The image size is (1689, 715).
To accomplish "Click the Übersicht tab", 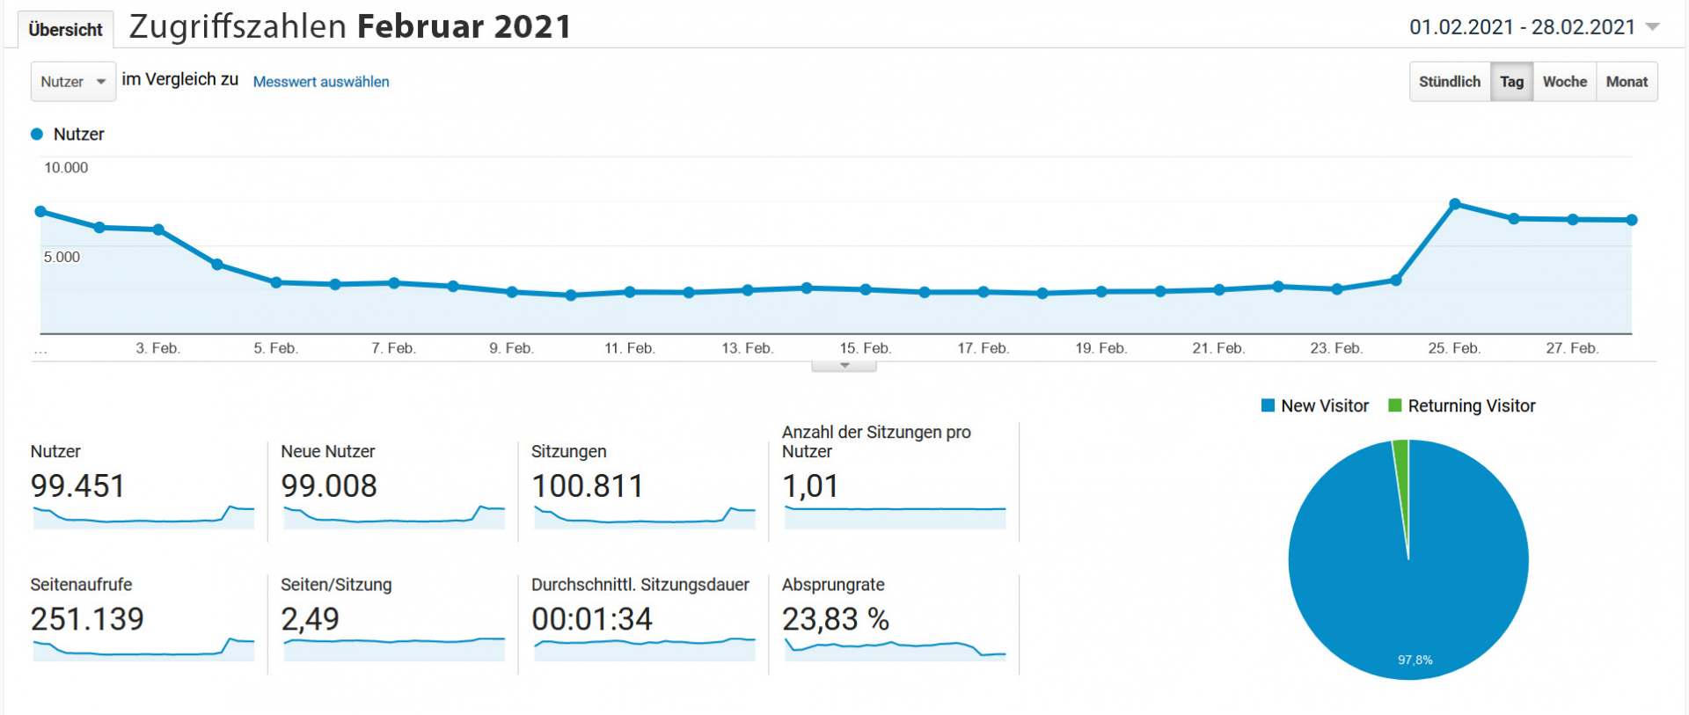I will [65, 30].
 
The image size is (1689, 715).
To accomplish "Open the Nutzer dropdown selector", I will [73, 82].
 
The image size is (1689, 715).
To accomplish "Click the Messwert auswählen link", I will [321, 82].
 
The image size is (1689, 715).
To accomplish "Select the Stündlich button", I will [1449, 82].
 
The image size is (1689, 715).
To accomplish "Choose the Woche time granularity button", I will [1564, 82].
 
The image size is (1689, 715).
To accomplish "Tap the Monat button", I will [1627, 82].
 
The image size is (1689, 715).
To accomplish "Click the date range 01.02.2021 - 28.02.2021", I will [1522, 27].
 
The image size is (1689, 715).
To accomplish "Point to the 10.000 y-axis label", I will [66, 168].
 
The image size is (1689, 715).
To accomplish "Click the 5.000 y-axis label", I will [62, 257].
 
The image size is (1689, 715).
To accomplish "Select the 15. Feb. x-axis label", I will [865, 348].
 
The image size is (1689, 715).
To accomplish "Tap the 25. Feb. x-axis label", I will [1453, 348].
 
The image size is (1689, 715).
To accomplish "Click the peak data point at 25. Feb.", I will [1455, 204].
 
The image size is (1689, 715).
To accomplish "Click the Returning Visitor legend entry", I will [1462, 406].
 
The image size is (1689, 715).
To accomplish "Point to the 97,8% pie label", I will [1415, 660].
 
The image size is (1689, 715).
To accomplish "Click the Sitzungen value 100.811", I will [588, 486].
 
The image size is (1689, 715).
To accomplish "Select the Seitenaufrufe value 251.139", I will [87, 619].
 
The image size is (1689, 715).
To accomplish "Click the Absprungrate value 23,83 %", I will [836, 619].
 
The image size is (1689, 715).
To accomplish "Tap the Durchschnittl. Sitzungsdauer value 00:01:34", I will [592, 619].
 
